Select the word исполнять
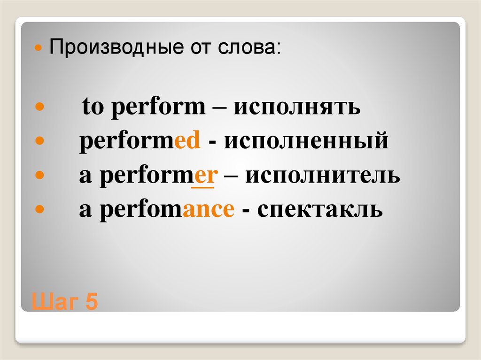[297, 107]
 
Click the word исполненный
[306, 141]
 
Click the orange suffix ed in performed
[187, 141]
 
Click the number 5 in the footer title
[92, 302]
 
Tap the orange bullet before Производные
[39, 48]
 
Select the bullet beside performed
[39, 140]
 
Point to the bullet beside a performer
[39, 175]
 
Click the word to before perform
[93, 107]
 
